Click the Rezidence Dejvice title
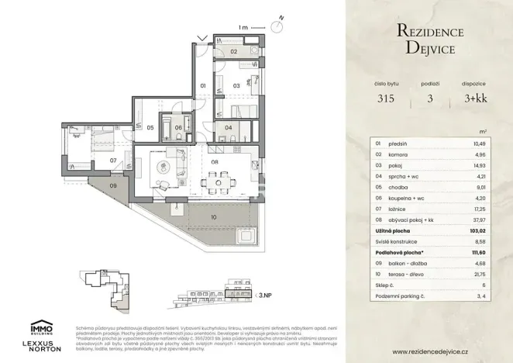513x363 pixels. coord(429,40)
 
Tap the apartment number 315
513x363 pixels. coord(386,99)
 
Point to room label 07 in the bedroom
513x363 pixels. coord(113,161)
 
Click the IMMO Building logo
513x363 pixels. coord(40,327)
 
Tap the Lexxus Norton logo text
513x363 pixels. coord(40,347)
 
